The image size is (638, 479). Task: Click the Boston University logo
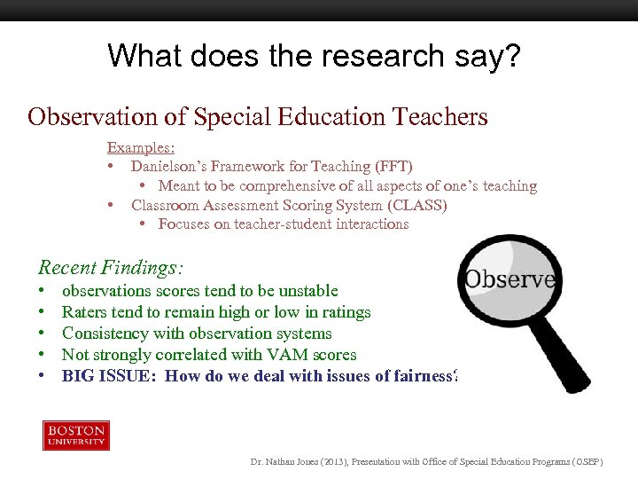[76, 436]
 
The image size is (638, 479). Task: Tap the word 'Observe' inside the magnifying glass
[510, 279]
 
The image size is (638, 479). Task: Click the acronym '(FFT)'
[392, 167]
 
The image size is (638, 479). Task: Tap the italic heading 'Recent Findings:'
[109, 266]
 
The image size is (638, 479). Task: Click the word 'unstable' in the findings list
[308, 291]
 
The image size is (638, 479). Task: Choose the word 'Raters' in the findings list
[82, 312]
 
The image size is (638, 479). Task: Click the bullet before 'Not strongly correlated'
[43, 355]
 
